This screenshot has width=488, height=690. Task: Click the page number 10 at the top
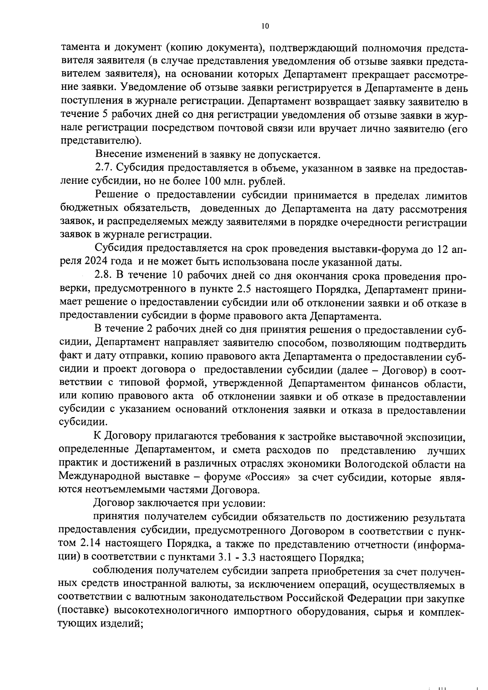point(265,26)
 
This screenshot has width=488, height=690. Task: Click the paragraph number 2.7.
point(103,169)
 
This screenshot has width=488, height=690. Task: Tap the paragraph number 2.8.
point(103,276)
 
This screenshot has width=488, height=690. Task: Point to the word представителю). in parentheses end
point(101,141)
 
